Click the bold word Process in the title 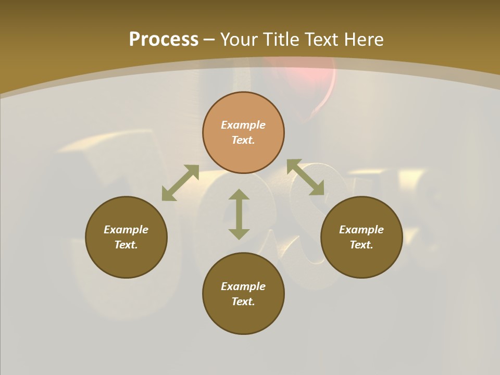pyautogui.click(x=164, y=40)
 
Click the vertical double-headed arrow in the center pyautogui.click(x=239, y=214)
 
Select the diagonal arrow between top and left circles pyautogui.click(x=180, y=183)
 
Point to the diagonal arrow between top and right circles pyautogui.click(x=305, y=177)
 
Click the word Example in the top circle pyautogui.click(x=243, y=125)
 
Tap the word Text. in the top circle pyautogui.click(x=243, y=140)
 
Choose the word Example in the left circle pyautogui.click(x=126, y=230)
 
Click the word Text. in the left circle pyautogui.click(x=126, y=245)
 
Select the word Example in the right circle pyautogui.click(x=361, y=230)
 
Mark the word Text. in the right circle pyautogui.click(x=361, y=245)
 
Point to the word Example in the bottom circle pyautogui.click(x=243, y=286)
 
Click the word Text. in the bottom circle pyautogui.click(x=243, y=302)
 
